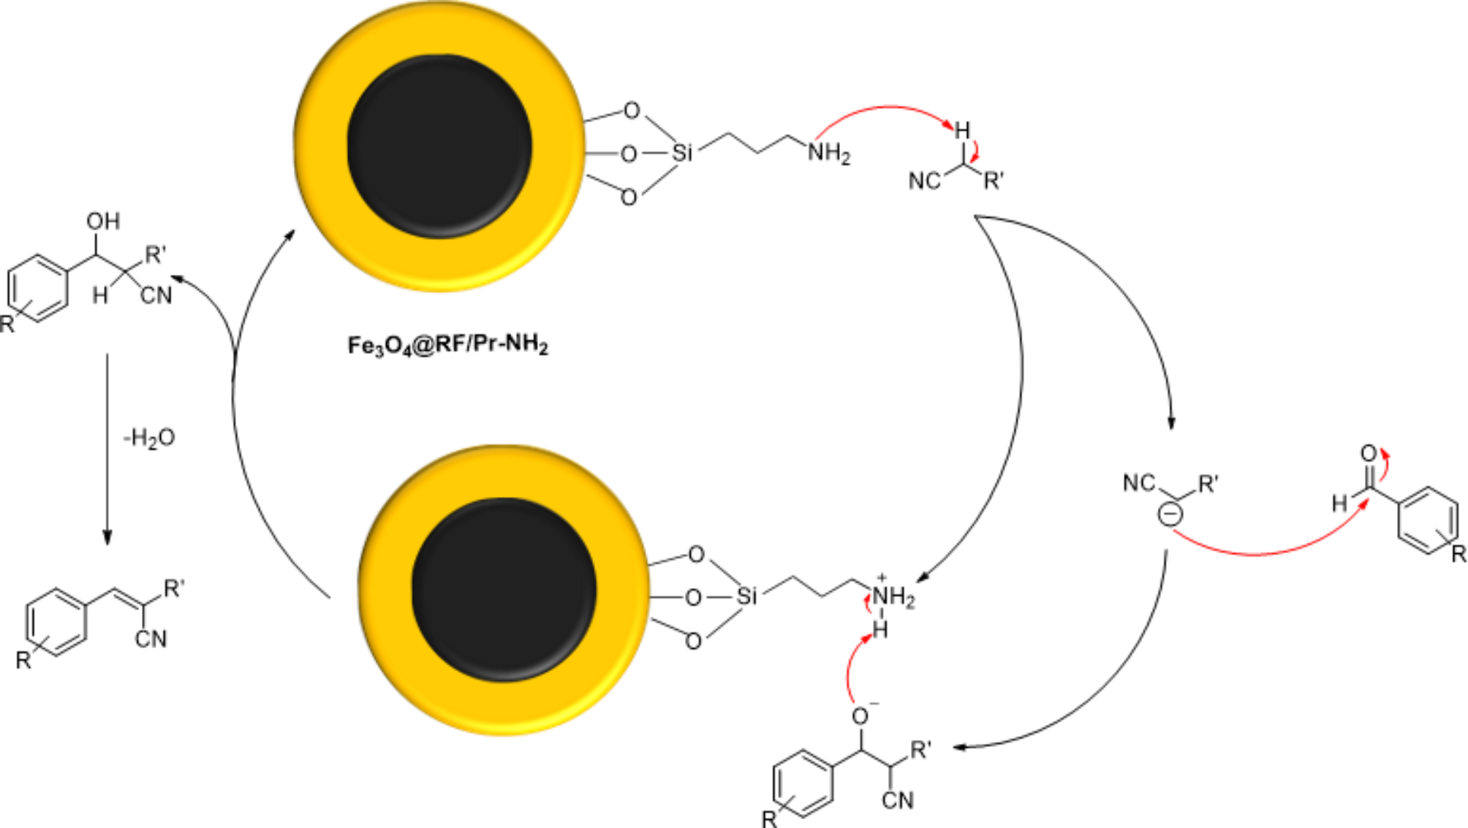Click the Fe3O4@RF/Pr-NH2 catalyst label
pos(447,344)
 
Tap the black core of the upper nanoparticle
pos(439,146)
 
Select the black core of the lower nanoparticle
pos(504,590)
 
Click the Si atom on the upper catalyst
pos(681,153)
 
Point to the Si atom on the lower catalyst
pos(746,596)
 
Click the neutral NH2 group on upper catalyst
pos(829,153)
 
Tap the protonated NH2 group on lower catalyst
pos(893,596)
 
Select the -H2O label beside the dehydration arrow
pos(149,438)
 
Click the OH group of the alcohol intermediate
pos(103,221)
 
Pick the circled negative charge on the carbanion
pos(1170,514)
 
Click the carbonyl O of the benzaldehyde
pos(1369,454)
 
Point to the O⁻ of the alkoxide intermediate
pos(861,716)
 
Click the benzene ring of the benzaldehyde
pos(1428,520)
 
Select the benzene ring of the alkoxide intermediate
pos(803,783)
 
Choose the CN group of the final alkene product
pos(151,639)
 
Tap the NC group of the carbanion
pos(1138,483)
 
